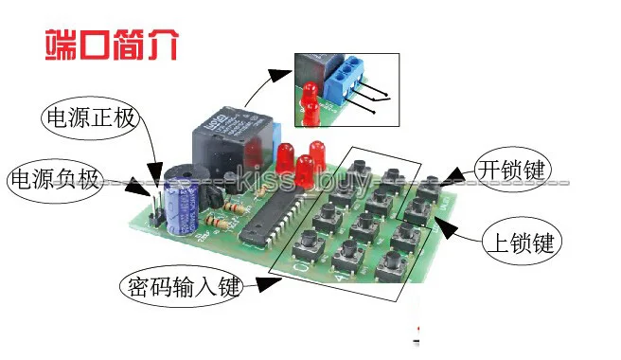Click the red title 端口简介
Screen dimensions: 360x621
click(110, 45)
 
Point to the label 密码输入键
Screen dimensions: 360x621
click(181, 284)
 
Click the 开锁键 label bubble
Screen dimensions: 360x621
click(511, 171)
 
